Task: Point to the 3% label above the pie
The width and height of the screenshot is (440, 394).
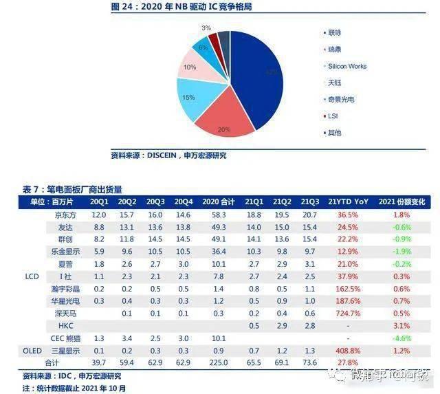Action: (x=206, y=28)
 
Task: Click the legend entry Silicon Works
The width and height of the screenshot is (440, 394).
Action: (x=347, y=67)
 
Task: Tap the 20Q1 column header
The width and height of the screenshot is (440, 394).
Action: (x=98, y=201)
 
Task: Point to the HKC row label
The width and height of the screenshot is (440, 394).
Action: (x=66, y=325)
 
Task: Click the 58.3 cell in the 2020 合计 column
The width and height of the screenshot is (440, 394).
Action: (x=219, y=215)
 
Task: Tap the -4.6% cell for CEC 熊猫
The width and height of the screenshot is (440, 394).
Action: (x=406, y=338)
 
